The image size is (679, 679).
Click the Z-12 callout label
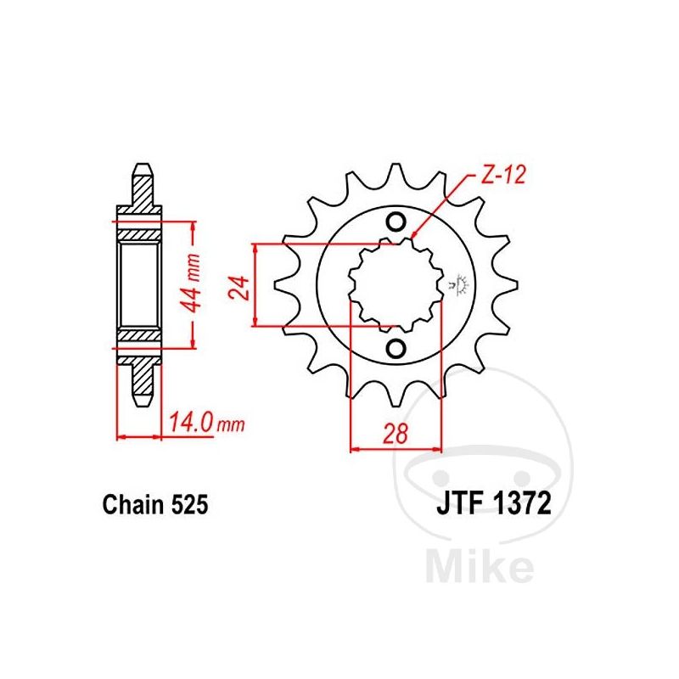[x=502, y=175]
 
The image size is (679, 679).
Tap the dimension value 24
[x=239, y=288]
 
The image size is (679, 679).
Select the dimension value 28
[x=396, y=434]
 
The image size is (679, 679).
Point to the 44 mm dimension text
[x=191, y=283]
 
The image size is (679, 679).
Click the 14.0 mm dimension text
[x=206, y=422]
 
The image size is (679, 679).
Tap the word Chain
[x=134, y=505]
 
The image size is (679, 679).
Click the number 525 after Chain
[x=190, y=505]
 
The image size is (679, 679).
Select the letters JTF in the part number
[x=460, y=503]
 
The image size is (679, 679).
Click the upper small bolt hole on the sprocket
[x=396, y=222]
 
